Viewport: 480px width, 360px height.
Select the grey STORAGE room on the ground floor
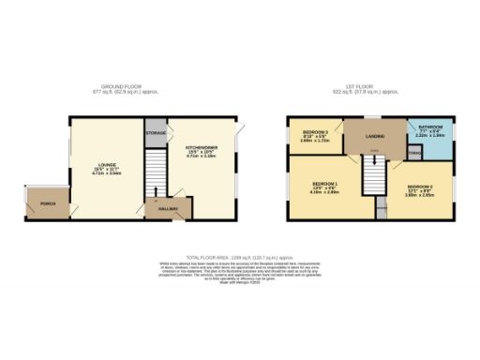[x=156, y=133]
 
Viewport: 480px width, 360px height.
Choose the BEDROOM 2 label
[x=419, y=187]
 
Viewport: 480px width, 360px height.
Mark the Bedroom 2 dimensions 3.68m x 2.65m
[x=419, y=197]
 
